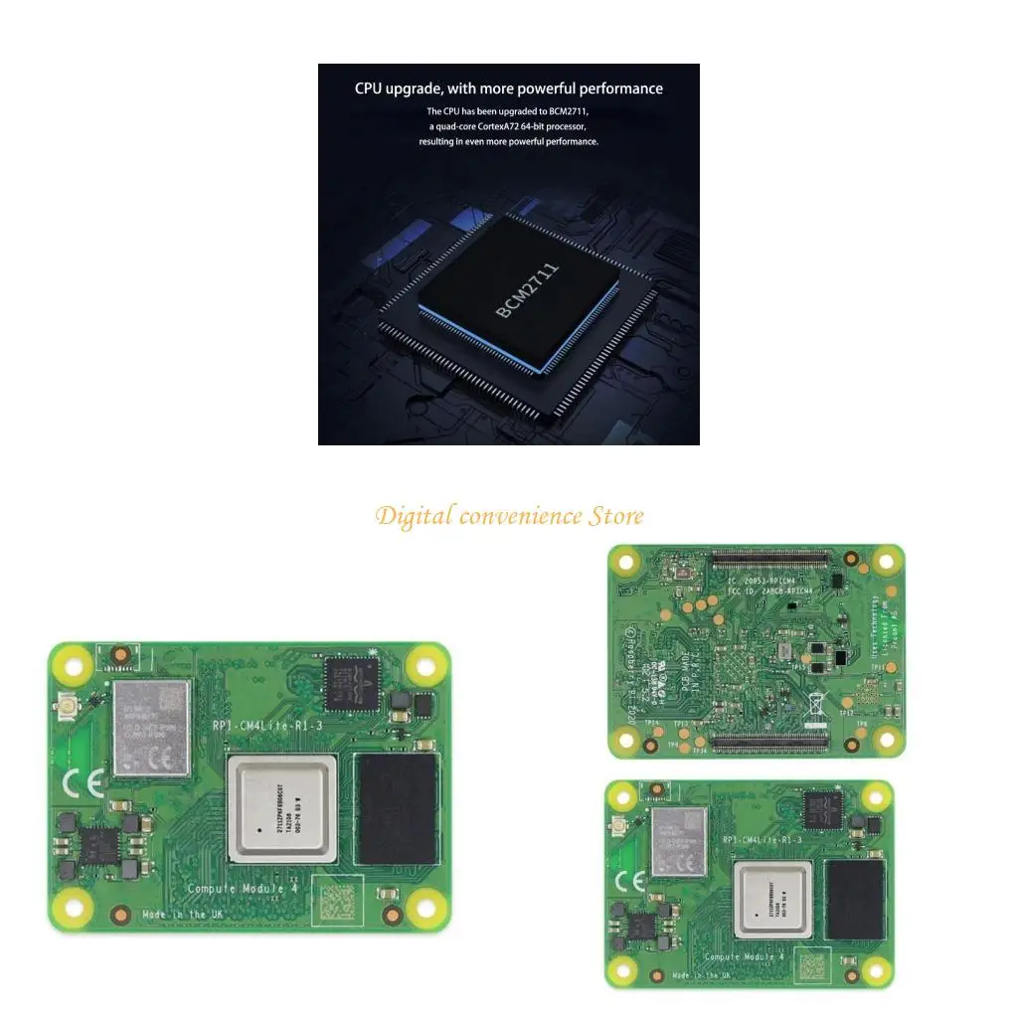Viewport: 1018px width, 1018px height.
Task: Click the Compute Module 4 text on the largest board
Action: click(x=237, y=888)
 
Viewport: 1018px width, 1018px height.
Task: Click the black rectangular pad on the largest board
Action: click(x=397, y=808)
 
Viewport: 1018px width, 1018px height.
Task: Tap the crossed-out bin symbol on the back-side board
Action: click(x=813, y=701)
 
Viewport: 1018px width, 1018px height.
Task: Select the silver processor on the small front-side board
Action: click(x=773, y=899)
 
